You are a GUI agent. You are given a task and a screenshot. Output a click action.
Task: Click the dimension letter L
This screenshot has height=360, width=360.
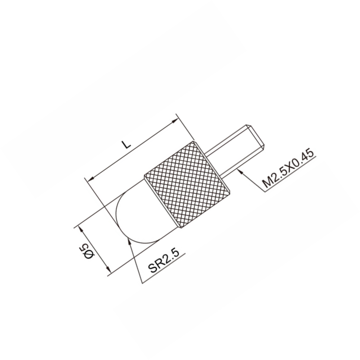point(126,144)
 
